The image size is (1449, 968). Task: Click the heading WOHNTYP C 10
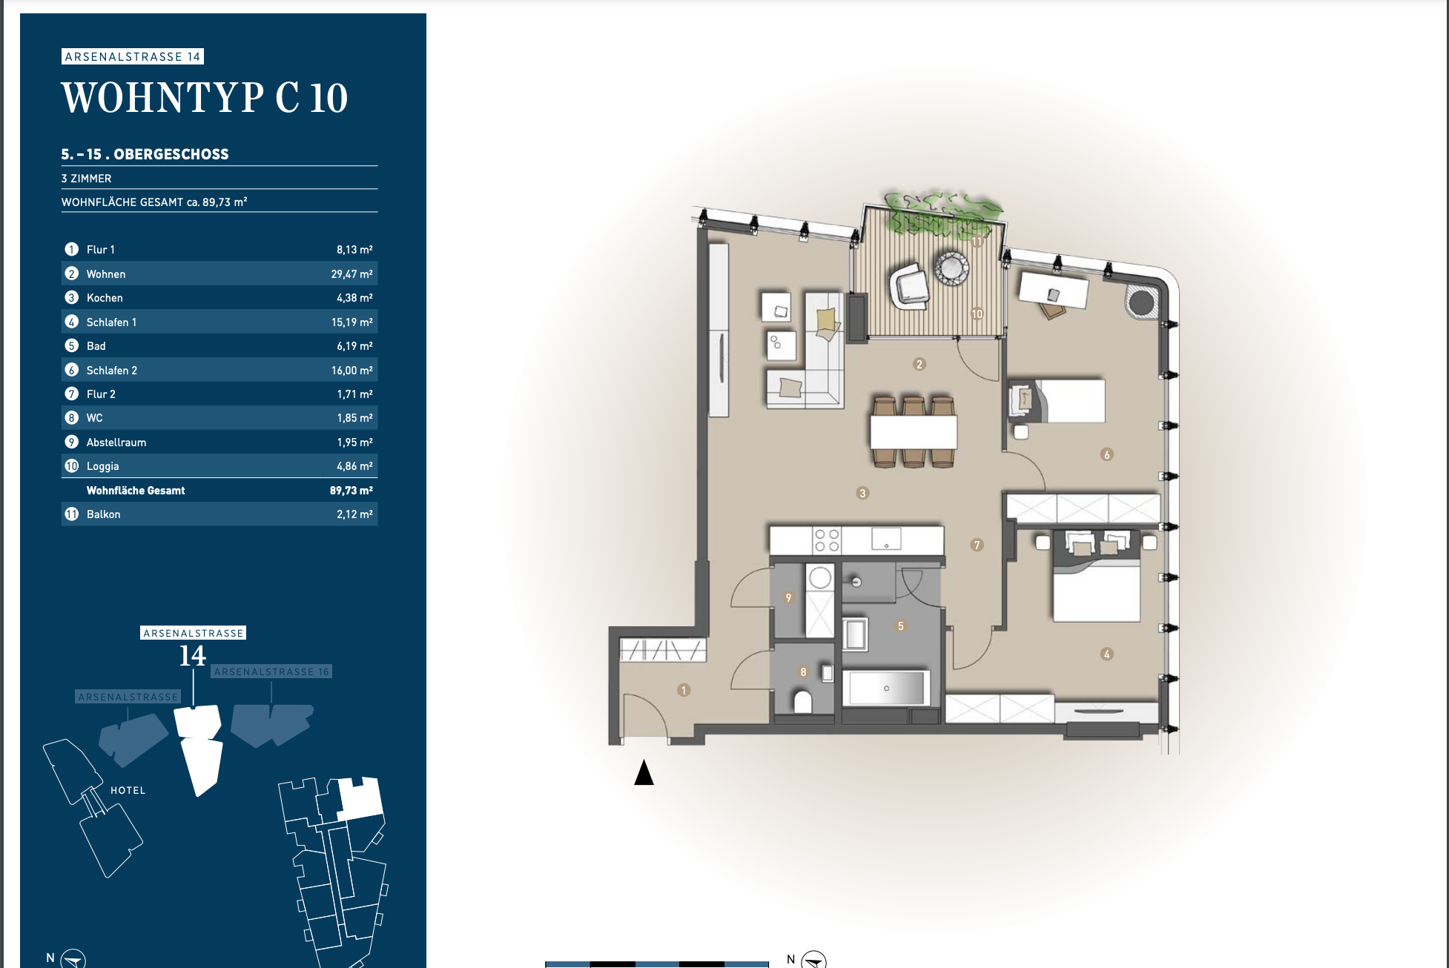(205, 98)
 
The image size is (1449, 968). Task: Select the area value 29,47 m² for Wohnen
(351, 274)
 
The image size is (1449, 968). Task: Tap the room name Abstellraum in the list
(116, 442)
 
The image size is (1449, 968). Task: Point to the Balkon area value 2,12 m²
(354, 514)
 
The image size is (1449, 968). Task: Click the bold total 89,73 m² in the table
(351, 491)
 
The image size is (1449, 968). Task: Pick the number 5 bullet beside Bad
(72, 346)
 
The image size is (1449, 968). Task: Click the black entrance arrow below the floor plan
(644, 772)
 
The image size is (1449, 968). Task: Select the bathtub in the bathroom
(886, 688)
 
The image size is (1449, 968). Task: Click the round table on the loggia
(951, 268)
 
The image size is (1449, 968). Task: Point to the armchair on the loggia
(909, 286)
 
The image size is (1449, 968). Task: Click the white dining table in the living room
(914, 432)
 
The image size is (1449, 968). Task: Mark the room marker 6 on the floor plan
(1106, 454)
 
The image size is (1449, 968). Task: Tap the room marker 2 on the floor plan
(920, 364)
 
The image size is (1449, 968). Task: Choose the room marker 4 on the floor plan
(1106, 654)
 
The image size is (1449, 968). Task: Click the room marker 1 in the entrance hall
(684, 690)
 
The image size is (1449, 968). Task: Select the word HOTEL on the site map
(128, 791)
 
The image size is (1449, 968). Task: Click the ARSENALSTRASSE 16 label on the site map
(271, 672)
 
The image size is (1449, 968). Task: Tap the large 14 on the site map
(193, 656)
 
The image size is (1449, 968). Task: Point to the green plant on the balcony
(942, 213)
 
